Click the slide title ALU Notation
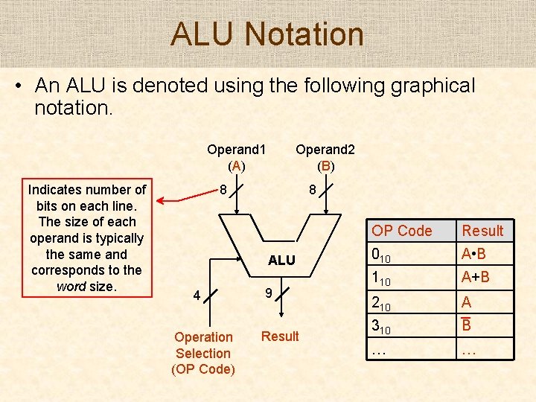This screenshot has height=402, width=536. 267,34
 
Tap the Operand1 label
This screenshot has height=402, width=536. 236,149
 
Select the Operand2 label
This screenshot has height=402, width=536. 325,149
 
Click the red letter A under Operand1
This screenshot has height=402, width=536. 236,166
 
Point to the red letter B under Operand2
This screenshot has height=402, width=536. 325,166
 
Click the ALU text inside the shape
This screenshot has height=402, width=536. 281,261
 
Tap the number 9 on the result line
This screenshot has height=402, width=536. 268,295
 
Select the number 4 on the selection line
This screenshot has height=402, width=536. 197,296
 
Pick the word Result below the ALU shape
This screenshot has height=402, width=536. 280,336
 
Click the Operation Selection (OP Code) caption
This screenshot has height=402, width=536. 203,353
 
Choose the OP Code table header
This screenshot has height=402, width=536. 402,231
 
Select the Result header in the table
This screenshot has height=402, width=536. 482,231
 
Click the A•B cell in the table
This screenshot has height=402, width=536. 474,255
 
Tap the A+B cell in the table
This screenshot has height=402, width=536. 475,278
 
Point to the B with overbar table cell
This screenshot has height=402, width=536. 467,325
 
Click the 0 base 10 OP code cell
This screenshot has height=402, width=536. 381,255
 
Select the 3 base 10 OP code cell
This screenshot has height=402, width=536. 381,326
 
